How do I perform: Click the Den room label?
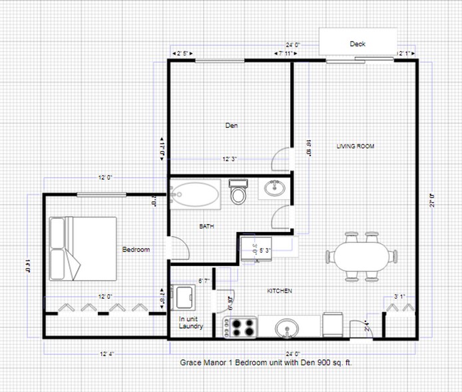pos(231,125)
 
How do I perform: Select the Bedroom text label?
pos(136,249)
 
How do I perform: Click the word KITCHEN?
pos(280,291)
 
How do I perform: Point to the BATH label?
pos(206,227)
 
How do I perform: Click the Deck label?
pos(357,44)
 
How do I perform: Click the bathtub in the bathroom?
pos(194,193)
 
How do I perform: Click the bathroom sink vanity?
pos(273,189)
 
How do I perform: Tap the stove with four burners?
pos(240,327)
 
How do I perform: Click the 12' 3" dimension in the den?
pos(230,159)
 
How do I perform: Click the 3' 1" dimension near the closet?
pos(400,296)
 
